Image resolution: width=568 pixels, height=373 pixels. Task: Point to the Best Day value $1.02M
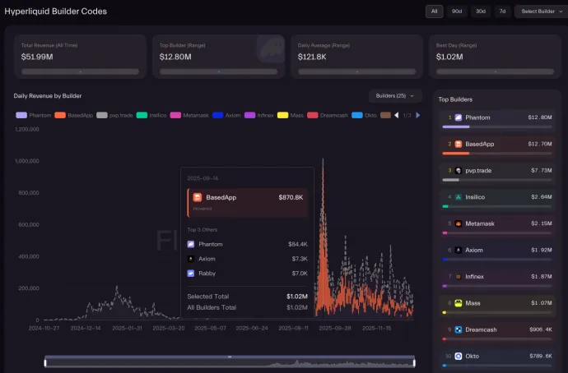point(450,58)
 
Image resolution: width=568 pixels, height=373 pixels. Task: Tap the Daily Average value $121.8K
point(314,58)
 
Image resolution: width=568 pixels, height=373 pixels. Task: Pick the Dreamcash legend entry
point(328,115)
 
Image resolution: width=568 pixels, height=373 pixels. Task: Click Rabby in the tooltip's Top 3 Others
point(207,273)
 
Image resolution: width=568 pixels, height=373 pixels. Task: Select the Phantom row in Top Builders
point(497,118)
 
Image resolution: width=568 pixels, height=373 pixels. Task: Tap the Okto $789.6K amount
point(538,356)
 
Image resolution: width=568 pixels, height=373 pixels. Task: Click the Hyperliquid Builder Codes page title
point(55,12)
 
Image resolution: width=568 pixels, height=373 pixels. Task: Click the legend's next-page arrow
point(417,115)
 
